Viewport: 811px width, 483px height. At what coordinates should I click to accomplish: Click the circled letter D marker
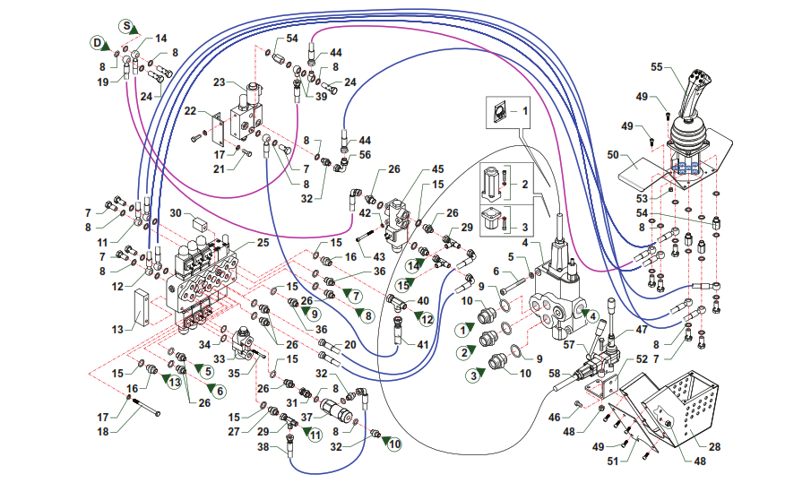[x=96, y=42]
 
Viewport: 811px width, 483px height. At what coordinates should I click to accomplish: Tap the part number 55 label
[x=656, y=66]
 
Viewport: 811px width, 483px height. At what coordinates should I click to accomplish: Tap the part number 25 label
[x=263, y=243]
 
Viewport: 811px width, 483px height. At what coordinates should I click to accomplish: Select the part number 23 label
[x=218, y=82]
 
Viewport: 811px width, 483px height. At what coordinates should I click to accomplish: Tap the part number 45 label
[x=437, y=169]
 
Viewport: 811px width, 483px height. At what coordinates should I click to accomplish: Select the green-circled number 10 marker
[x=395, y=444]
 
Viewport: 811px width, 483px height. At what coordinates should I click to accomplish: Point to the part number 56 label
[x=365, y=154]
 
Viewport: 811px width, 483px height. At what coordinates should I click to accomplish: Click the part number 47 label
[x=641, y=330]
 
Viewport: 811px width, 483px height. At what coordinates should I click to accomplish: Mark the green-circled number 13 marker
[x=173, y=382]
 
